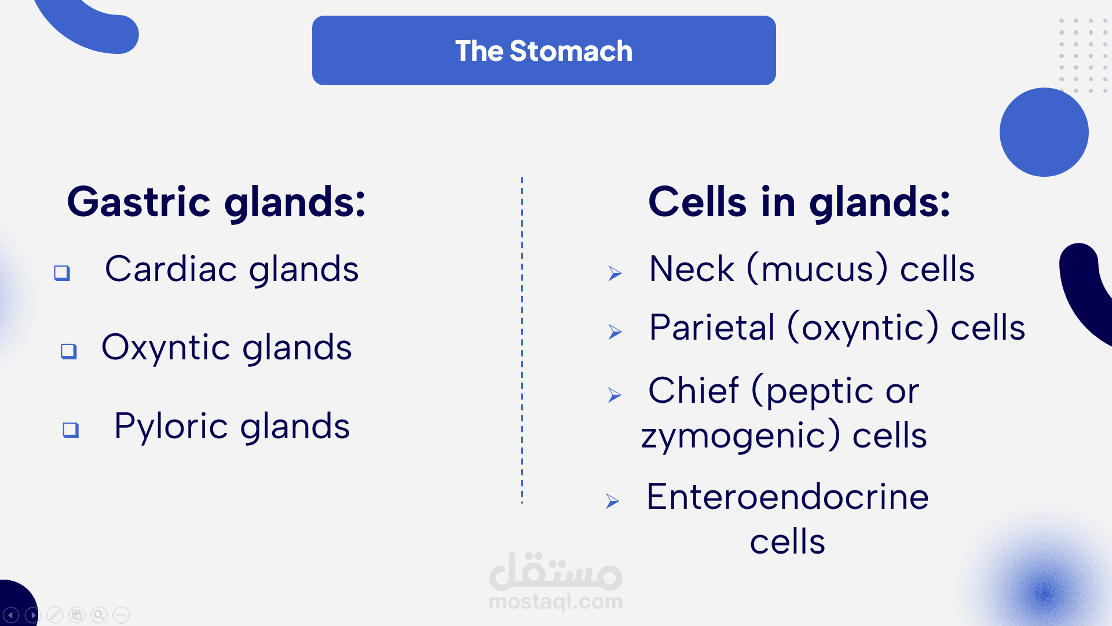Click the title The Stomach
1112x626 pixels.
coord(544,51)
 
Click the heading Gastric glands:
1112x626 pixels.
coord(217,202)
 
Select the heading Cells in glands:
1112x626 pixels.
coord(799,202)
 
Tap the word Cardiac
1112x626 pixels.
coord(171,269)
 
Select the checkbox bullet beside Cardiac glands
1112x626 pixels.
coord(62,272)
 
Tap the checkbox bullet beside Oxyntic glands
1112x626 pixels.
coord(69,351)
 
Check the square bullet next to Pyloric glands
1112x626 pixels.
coord(71,430)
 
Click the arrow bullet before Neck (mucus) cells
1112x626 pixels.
coord(615,273)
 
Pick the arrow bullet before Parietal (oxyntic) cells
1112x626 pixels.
coord(615,332)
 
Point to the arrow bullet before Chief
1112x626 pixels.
coord(614,395)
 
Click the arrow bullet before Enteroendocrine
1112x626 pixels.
coord(613,501)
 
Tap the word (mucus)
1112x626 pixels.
coord(817,269)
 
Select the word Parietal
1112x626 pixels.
coord(712,327)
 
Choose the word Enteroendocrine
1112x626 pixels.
coord(788,497)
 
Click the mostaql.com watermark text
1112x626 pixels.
coord(556,602)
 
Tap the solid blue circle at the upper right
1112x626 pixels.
coord(1044,132)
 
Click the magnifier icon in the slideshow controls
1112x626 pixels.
coord(99,614)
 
